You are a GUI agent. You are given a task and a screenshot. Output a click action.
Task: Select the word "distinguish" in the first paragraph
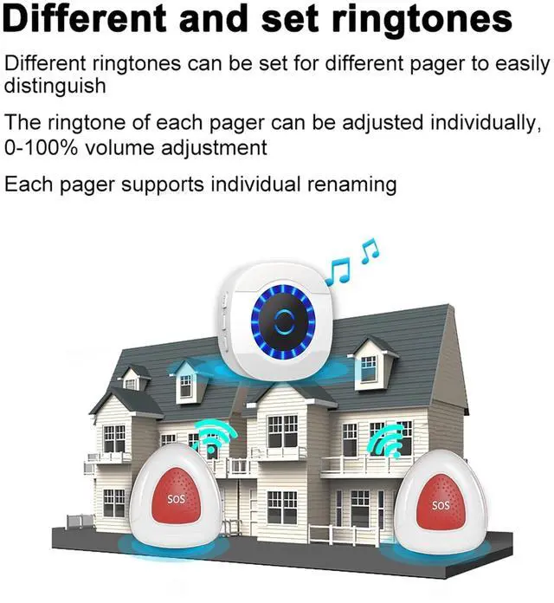tap(55, 86)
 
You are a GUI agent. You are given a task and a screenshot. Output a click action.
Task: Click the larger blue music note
tap(339, 270)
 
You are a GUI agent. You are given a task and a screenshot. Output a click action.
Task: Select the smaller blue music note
tap(370, 251)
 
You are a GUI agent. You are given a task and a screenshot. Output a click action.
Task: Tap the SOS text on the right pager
tap(441, 504)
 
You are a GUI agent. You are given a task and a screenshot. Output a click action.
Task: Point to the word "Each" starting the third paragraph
tap(27, 184)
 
